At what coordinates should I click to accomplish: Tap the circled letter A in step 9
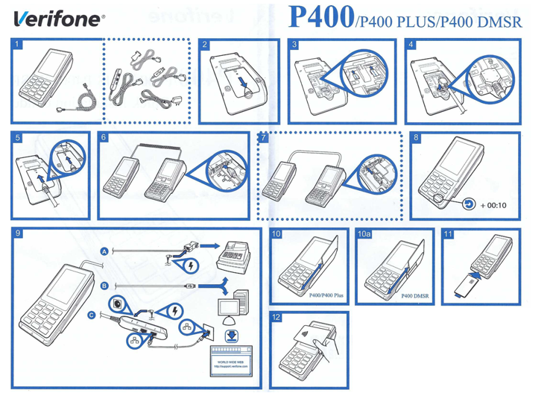pos(104,251)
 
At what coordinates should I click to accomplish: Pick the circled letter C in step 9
pos(92,315)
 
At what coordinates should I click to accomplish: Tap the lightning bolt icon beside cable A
pos(194,263)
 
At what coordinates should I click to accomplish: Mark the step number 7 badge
pos(263,138)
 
